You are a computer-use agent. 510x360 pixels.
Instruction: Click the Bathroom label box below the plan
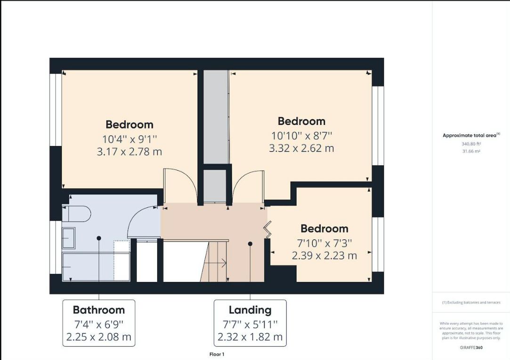pyautogui.click(x=99, y=323)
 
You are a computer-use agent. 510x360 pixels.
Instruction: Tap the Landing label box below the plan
pyautogui.click(x=250, y=323)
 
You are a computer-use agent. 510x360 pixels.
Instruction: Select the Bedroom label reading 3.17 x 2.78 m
pyautogui.click(x=130, y=138)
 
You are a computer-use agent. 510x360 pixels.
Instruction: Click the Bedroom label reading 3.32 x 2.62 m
pyautogui.click(x=301, y=134)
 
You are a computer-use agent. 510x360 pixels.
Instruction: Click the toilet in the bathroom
pyautogui.click(x=76, y=214)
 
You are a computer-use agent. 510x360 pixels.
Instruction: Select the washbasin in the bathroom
pyautogui.click(x=69, y=238)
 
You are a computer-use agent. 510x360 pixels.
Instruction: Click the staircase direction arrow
pyautogui.click(x=222, y=262)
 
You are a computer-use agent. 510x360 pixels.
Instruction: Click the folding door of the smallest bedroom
pyautogui.click(x=267, y=229)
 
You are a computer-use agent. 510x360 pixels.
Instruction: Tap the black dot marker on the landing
pyautogui.click(x=250, y=244)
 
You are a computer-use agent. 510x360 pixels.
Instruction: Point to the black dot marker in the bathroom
pyautogui.click(x=99, y=238)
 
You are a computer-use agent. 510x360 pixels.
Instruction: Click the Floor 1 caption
pyautogui.click(x=217, y=354)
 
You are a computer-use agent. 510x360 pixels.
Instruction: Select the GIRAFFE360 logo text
pyautogui.click(x=471, y=348)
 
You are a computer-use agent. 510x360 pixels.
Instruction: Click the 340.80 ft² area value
pyautogui.click(x=471, y=144)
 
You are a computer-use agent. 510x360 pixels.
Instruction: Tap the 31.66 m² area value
pyautogui.click(x=471, y=151)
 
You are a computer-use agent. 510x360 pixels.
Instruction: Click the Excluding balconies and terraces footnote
pyautogui.click(x=471, y=303)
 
